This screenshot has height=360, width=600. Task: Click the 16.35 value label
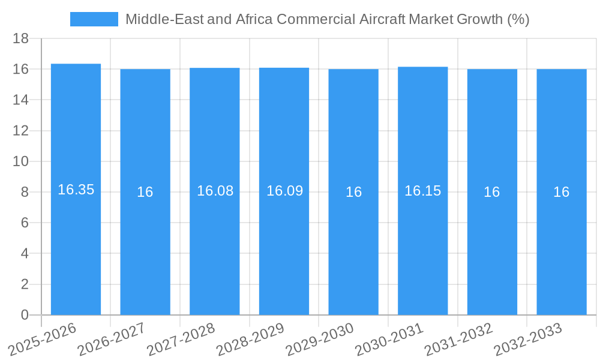click(76, 190)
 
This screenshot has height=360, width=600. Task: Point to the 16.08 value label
click(215, 191)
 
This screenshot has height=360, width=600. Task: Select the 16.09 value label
click(284, 191)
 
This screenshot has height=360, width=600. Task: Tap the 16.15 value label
click(422, 191)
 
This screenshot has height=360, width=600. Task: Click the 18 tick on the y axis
click(21, 38)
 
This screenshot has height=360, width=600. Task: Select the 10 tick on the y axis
click(21, 161)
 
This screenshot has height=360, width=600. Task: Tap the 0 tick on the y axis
click(25, 315)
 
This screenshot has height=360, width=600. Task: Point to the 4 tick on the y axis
click(25, 254)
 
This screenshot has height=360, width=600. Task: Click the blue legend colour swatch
click(94, 19)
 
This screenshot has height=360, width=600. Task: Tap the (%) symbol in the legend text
click(518, 19)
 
